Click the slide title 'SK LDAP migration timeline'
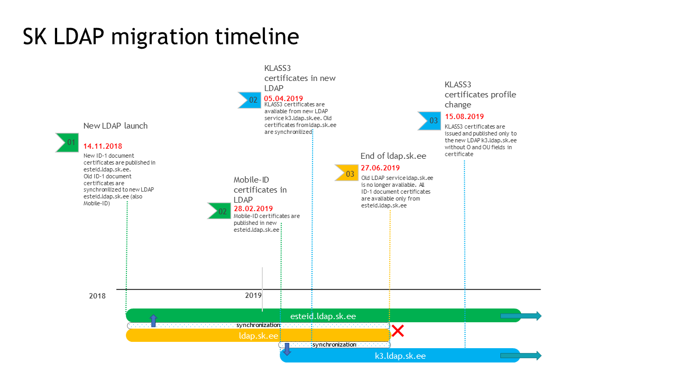161,37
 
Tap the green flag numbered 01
67,142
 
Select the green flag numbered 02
219,211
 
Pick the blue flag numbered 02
250,100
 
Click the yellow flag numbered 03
346,173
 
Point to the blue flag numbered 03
429,121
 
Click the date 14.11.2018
103,147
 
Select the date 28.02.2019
253,208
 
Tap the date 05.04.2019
283,98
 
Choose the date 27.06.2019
380,168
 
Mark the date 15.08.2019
464,116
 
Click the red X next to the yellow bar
398,331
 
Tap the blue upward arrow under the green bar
153,321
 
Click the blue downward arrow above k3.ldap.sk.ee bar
287,349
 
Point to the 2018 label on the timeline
97,296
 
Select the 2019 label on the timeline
253,295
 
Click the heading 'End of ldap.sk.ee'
393,156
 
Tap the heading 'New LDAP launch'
115,126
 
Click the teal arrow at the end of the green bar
521,316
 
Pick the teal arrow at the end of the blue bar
521,356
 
